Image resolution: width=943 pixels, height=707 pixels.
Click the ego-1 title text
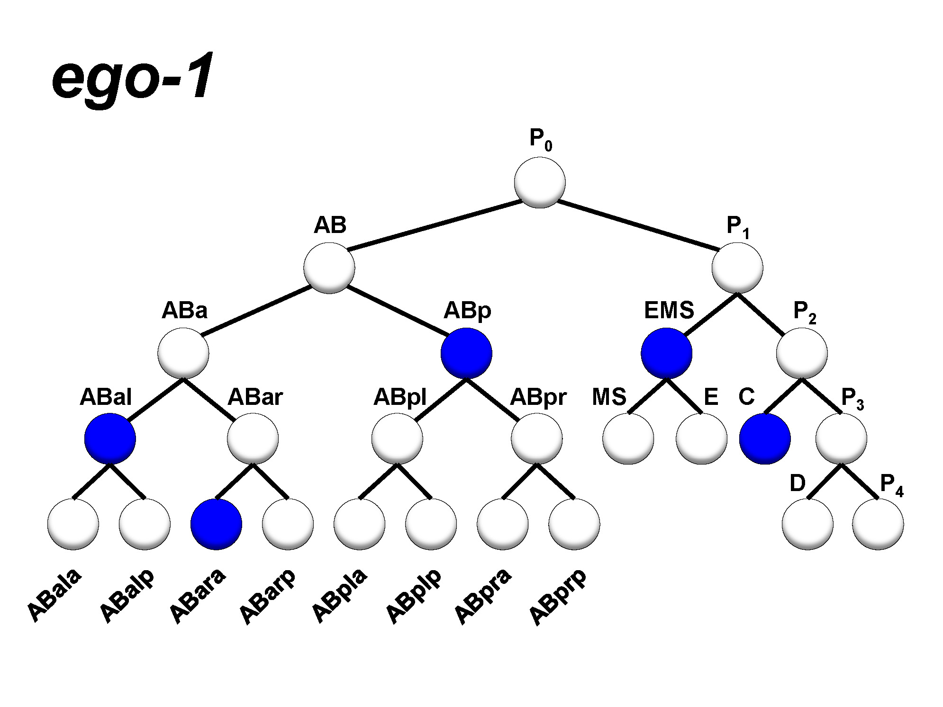click(133, 78)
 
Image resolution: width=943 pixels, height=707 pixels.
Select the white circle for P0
click(540, 183)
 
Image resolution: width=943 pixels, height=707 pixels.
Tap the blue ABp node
click(466, 353)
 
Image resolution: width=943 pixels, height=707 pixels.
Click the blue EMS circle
click(666, 353)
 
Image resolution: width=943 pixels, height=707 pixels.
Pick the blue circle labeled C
click(765, 439)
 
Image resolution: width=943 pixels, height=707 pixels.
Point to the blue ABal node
click(110, 439)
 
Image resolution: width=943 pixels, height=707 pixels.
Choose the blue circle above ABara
click(216, 524)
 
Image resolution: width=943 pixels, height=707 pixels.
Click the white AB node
click(329, 268)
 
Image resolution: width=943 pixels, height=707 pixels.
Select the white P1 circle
click(737, 268)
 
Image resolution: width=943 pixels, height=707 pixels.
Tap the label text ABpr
click(538, 398)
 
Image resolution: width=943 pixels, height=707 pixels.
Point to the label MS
click(609, 397)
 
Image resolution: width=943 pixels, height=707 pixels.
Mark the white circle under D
click(807, 524)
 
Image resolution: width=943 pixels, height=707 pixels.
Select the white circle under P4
click(878, 524)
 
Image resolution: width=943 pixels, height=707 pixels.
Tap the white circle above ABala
click(73, 524)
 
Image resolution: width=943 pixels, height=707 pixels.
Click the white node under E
click(701, 439)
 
